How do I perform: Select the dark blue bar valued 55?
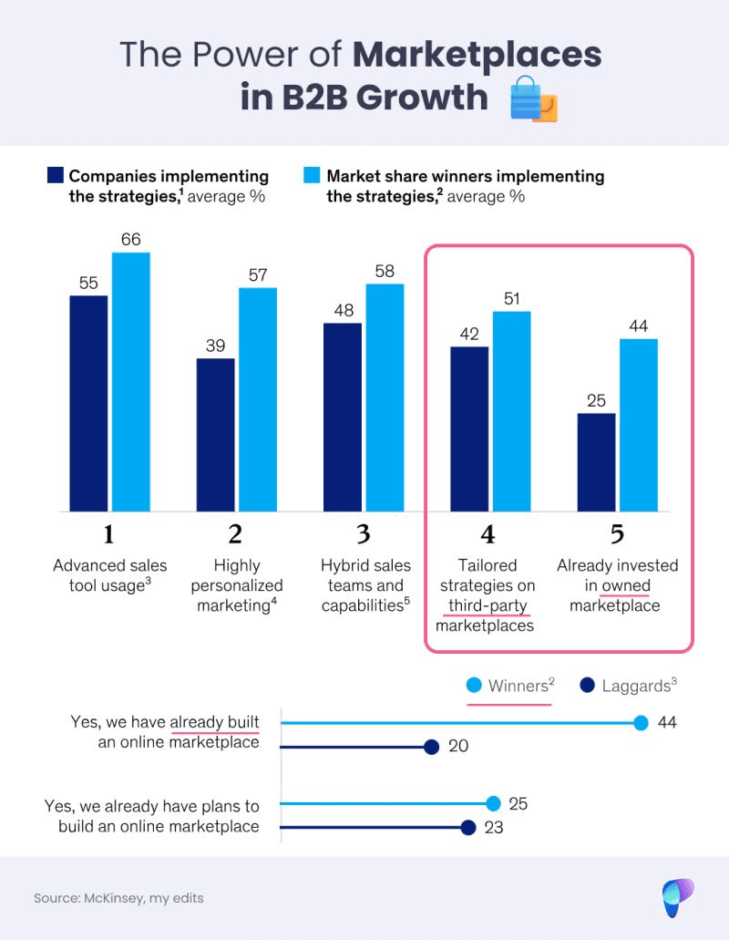pyautogui.click(x=88, y=403)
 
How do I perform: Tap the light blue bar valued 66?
pyautogui.click(x=130, y=381)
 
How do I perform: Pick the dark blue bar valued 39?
pyautogui.click(x=215, y=434)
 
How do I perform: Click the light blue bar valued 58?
pyautogui.click(x=385, y=398)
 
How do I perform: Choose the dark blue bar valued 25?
pyautogui.click(x=597, y=462)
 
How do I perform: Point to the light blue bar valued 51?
pyautogui.click(x=512, y=411)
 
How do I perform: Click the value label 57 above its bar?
pyautogui.click(x=258, y=274)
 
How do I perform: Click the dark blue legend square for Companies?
pyautogui.click(x=55, y=175)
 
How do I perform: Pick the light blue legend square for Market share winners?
pyautogui.click(x=312, y=175)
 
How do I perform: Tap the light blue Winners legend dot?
pyautogui.click(x=474, y=686)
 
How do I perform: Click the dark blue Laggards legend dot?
pyautogui.click(x=587, y=686)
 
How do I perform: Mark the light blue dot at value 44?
pyautogui.click(x=641, y=723)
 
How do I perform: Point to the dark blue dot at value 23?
pyautogui.click(x=468, y=828)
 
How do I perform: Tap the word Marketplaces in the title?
pyautogui.click(x=477, y=55)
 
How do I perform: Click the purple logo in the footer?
pyautogui.click(x=678, y=897)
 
